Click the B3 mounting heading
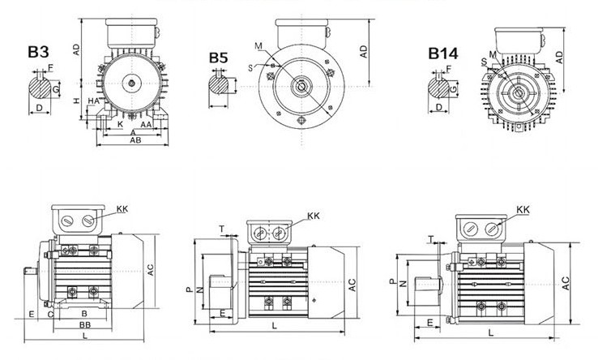38,53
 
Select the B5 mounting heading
219,58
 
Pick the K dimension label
120,126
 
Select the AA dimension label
146,126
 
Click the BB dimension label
84,324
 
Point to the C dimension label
50,312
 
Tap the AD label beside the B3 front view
75,49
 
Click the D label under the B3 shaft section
40,106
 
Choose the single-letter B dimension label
84,312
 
